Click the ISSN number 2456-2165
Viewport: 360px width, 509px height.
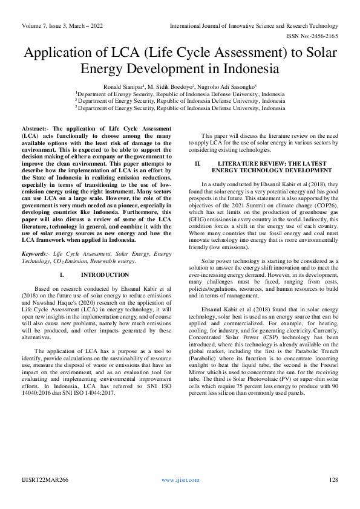[x=324, y=36]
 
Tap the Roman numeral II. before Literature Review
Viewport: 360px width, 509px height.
[x=197, y=164]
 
